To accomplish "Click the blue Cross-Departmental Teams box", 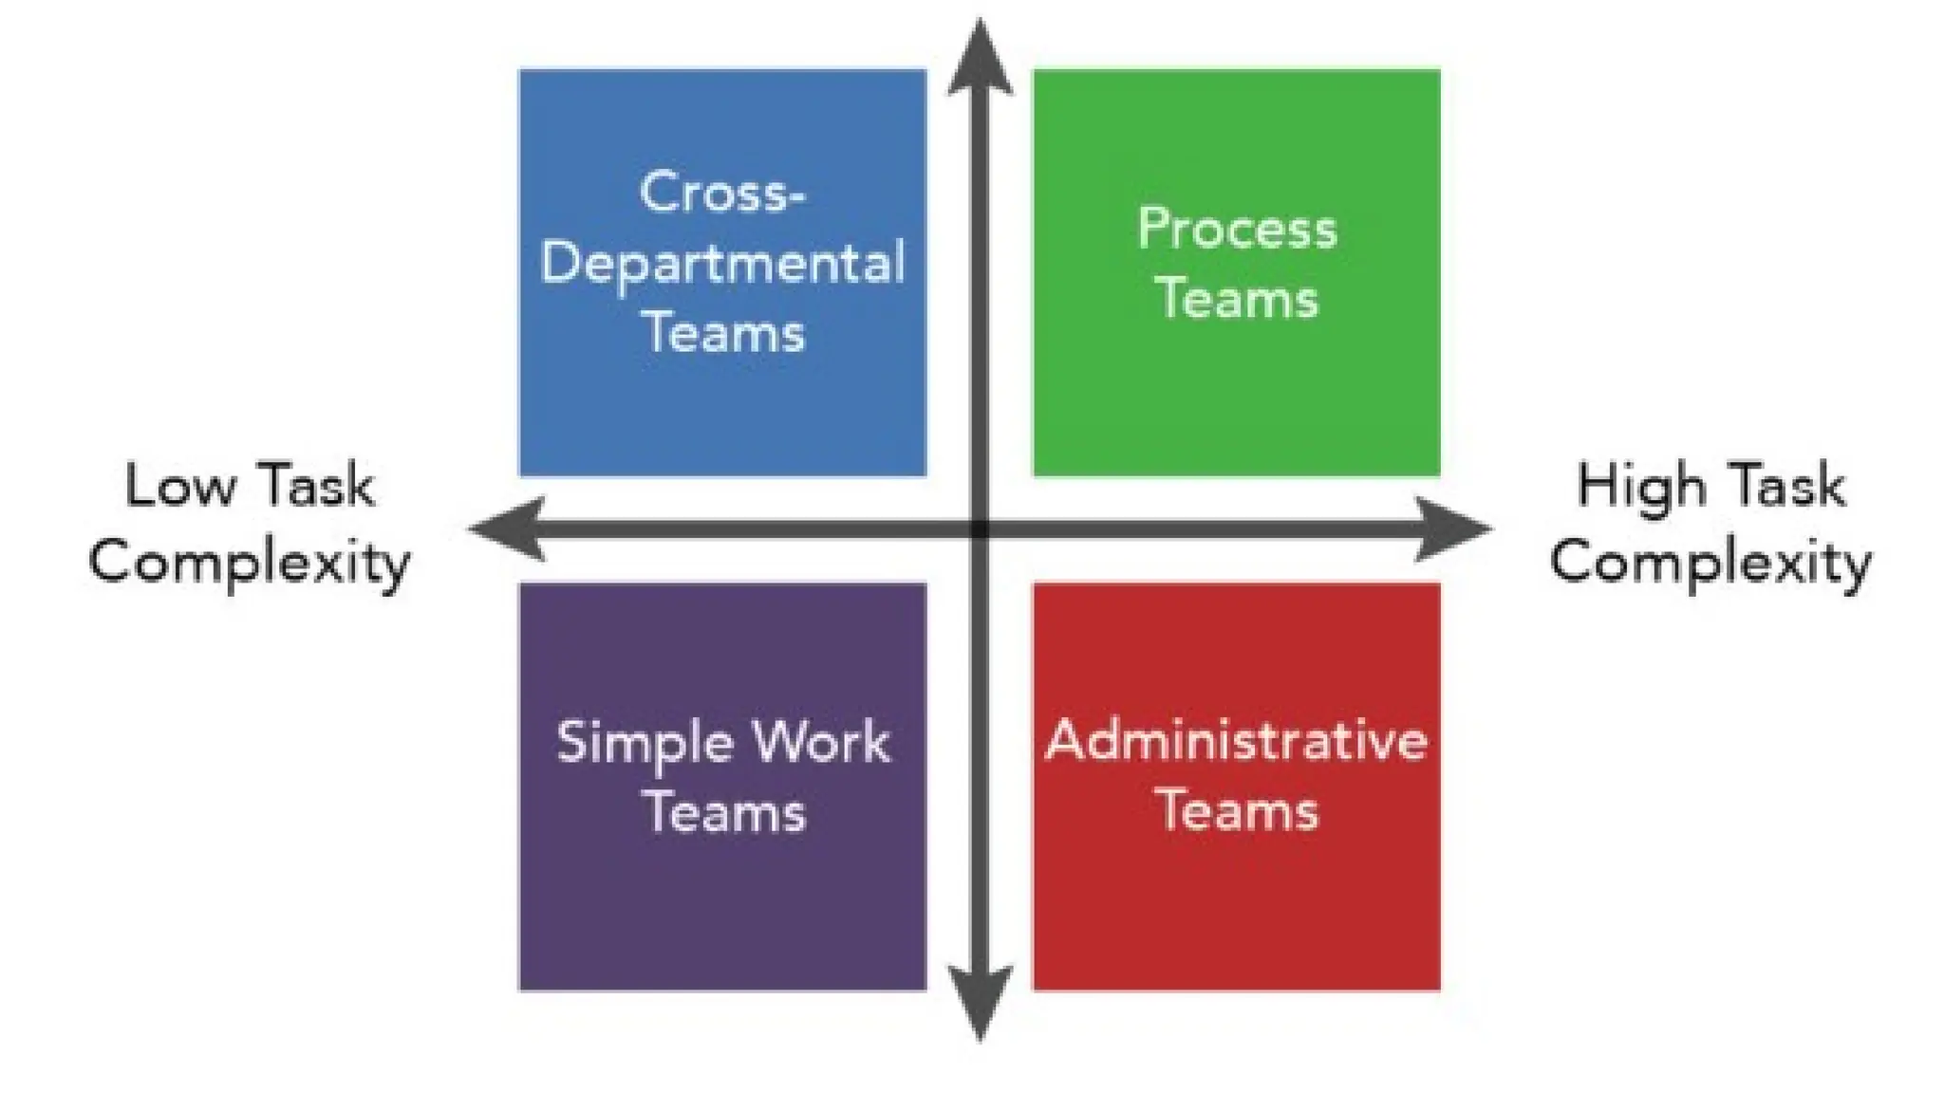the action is pyautogui.click(x=721, y=408).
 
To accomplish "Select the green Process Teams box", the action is pyautogui.click(x=1236, y=398).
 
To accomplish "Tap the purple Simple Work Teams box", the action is pyautogui.click(x=721, y=911).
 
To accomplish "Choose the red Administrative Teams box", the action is pyautogui.click(x=1236, y=911).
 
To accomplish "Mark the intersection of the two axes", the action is pyautogui.click(x=980, y=528).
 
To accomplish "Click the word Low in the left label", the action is pyautogui.click(x=179, y=486).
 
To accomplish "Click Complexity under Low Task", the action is pyautogui.click(x=249, y=562).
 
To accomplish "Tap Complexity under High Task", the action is pyautogui.click(x=1710, y=562).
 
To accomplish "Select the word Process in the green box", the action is pyautogui.click(x=1237, y=230).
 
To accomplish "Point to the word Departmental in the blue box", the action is pyautogui.click(x=722, y=263).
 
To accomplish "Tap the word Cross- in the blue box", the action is pyautogui.click(x=722, y=193).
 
